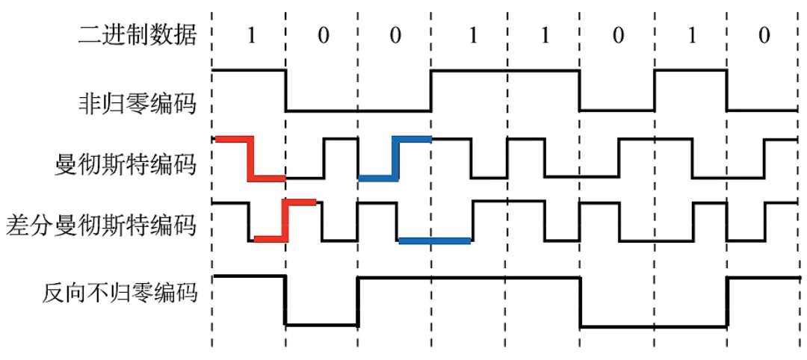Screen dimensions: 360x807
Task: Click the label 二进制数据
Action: pyautogui.click(x=137, y=35)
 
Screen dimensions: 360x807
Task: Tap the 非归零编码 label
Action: pyautogui.click(x=137, y=102)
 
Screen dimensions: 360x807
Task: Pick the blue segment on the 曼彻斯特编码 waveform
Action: pyautogui.click(x=395, y=158)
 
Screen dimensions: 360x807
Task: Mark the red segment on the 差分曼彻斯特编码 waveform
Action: pyautogui.click(x=285, y=220)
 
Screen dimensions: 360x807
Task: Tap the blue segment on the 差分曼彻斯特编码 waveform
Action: pyautogui.click(x=434, y=240)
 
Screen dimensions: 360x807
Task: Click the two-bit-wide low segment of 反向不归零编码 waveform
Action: pyautogui.click(x=654, y=326)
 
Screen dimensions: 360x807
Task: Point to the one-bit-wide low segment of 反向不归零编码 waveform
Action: pyautogui.click(x=321, y=325)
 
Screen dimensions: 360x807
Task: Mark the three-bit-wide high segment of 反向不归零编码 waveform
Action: pyautogui.click(x=469, y=278)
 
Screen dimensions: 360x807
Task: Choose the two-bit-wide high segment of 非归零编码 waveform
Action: pyautogui.click(x=506, y=71)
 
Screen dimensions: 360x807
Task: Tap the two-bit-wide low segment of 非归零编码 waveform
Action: pyautogui.click(x=359, y=111)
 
